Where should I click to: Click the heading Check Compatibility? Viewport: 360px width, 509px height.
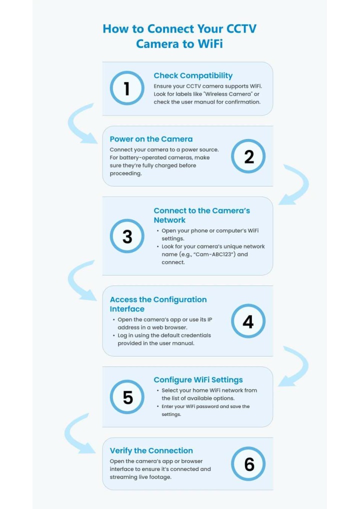click(193, 75)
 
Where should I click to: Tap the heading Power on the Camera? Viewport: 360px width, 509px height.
click(151, 139)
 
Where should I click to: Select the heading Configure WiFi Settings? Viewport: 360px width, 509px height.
click(198, 380)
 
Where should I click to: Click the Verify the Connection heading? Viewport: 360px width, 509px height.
click(151, 450)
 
